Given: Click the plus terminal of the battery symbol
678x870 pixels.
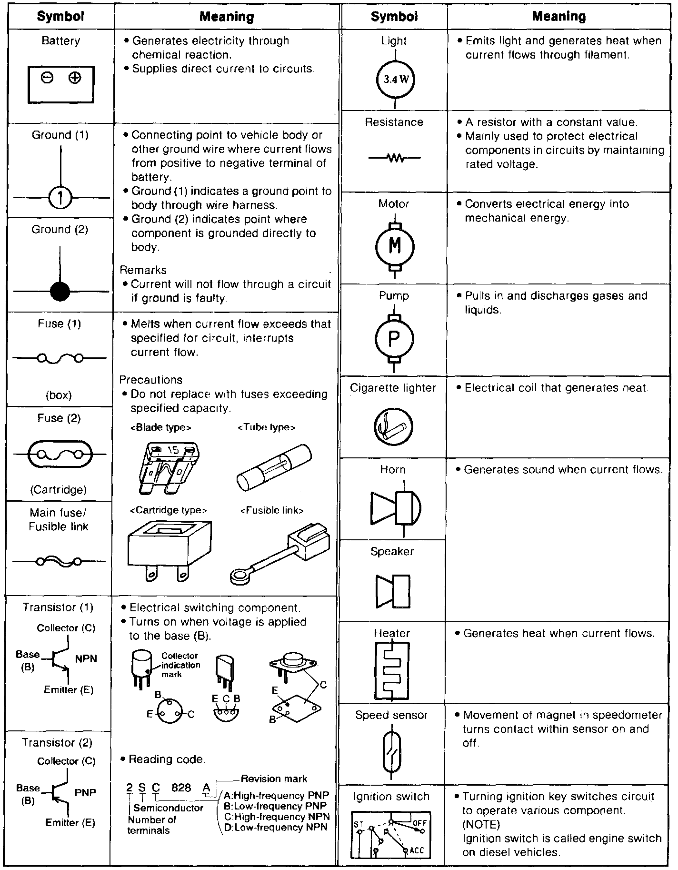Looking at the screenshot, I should click(x=74, y=78).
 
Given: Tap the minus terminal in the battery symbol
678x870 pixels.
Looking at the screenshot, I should click(x=47, y=78).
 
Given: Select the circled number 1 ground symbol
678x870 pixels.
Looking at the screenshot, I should click(x=60, y=197).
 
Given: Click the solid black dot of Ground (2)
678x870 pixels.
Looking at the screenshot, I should click(x=60, y=291).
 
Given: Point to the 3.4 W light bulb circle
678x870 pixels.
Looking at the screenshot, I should click(x=396, y=80).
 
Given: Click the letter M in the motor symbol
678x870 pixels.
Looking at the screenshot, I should click(x=395, y=246).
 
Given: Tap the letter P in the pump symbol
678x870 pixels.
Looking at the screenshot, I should click(x=394, y=338).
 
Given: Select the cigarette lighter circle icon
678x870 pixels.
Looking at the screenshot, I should click(x=393, y=426).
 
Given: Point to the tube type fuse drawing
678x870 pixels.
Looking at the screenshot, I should click(x=274, y=466).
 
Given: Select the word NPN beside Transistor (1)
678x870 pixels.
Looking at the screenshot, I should click(x=86, y=659).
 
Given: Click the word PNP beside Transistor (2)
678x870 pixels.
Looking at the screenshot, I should click(x=86, y=793).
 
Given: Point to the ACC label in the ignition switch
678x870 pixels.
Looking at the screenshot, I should click(x=417, y=850).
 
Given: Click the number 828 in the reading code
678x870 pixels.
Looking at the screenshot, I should click(x=181, y=788).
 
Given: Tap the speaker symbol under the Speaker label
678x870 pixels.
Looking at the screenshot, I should click(x=393, y=591).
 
